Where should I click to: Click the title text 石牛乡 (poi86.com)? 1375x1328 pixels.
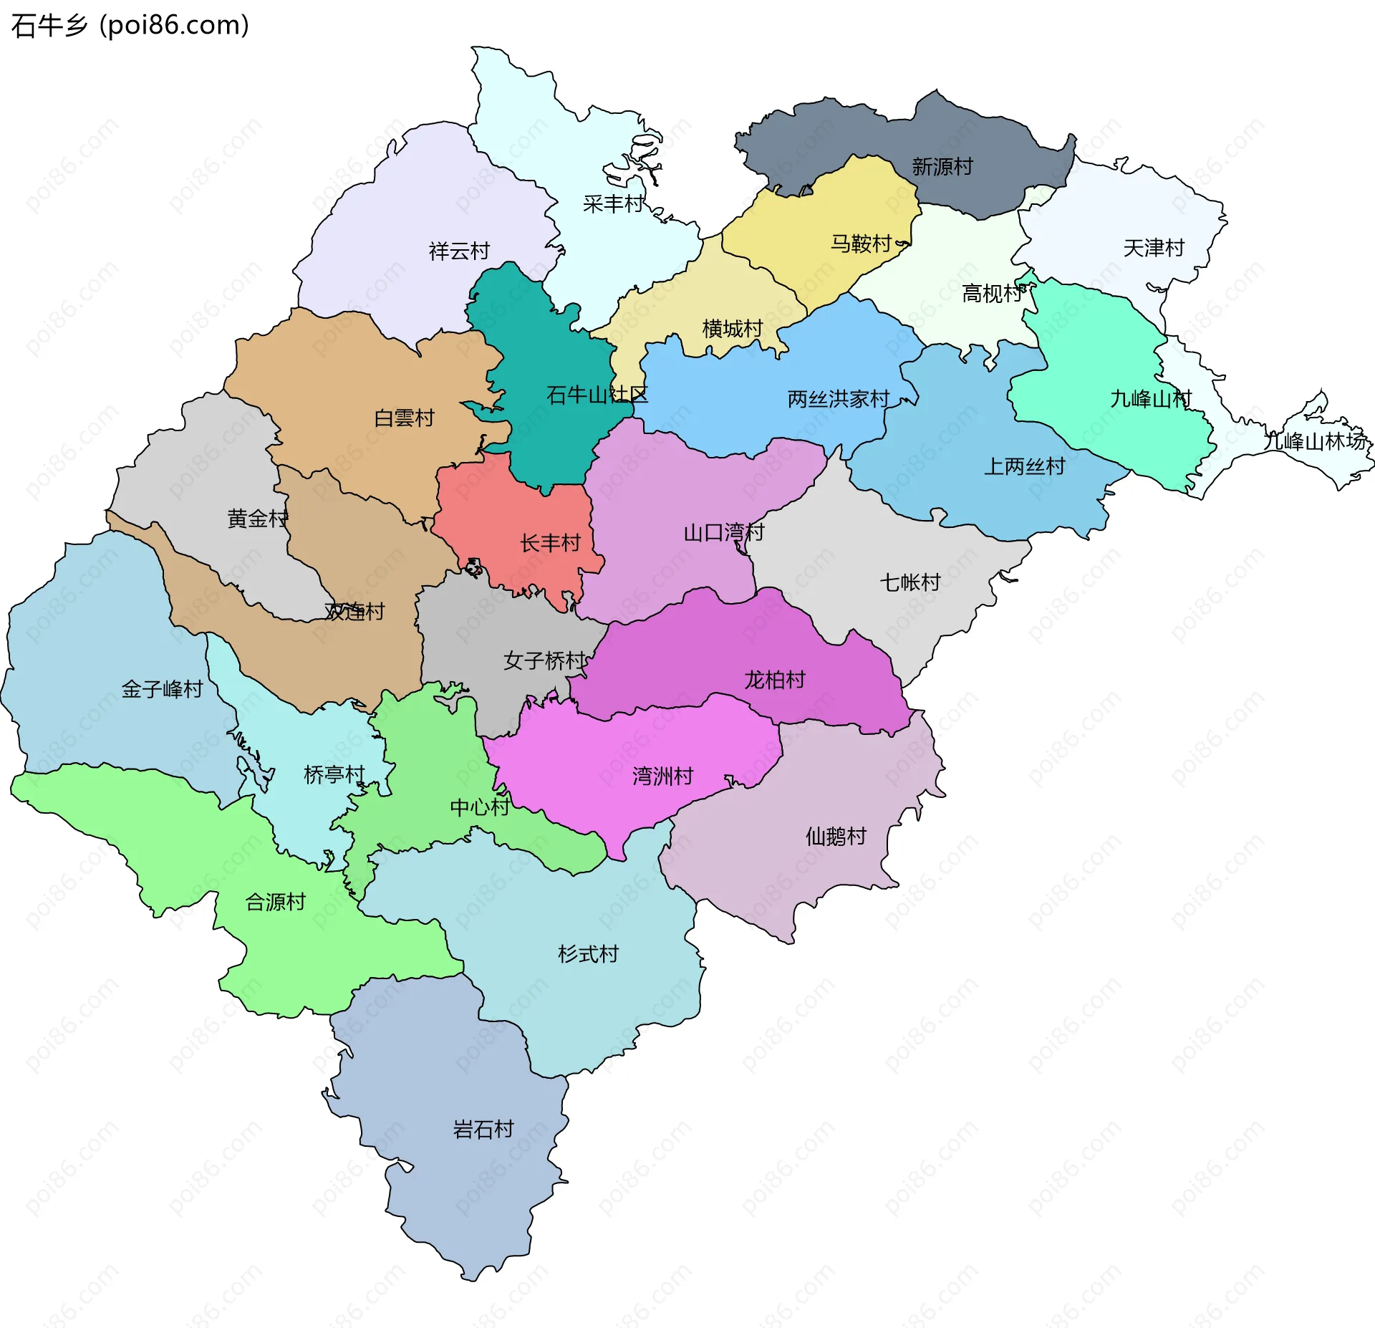point(130,26)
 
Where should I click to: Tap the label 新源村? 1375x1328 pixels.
point(942,167)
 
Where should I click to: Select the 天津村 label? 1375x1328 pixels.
point(1153,249)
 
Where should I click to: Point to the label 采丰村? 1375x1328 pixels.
point(613,204)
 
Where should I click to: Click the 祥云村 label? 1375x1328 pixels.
point(459,251)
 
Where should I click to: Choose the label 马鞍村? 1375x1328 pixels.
point(861,244)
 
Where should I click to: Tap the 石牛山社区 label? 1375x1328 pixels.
point(597,395)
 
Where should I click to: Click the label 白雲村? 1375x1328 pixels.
point(404,418)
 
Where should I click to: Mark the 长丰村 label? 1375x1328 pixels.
point(550,543)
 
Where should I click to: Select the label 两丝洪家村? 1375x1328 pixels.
point(838,399)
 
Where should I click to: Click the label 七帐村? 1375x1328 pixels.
point(910,582)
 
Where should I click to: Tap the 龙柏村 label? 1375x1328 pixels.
point(775,680)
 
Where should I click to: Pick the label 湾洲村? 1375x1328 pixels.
point(662,776)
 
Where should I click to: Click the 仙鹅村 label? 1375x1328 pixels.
point(836,836)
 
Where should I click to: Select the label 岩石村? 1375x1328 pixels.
point(483,1130)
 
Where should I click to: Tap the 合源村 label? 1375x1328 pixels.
point(276,902)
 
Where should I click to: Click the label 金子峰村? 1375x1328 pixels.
point(162,689)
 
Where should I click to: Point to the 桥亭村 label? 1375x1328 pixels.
point(334,774)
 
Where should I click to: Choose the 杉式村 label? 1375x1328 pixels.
point(588,954)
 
